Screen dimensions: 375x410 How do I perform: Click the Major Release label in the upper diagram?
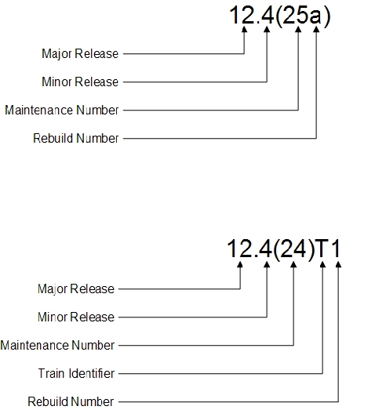click(x=80, y=54)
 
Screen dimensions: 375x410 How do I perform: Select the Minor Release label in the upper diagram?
click(x=80, y=82)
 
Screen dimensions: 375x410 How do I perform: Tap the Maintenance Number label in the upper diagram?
click(x=62, y=110)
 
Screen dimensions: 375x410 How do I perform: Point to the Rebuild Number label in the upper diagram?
click(x=75, y=138)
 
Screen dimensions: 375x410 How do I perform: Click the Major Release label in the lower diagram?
click(x=76, y=289)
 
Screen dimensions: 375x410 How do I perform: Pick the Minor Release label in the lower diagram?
click(x=76, y=317)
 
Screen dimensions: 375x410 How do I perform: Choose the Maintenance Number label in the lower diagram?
click(x=57, y=345)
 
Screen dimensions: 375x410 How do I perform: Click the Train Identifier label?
click(x=76, y=373)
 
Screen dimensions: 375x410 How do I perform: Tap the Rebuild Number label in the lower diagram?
click(x=71, y=401)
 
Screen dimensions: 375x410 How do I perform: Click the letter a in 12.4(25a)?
click(x=315, y=16)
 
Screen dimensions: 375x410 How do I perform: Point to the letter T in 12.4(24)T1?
click(x=322, y=249)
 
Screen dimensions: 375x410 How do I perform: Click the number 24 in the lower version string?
click(x=293, y=249)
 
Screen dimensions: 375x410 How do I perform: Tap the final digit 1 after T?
click(x=337, y=249)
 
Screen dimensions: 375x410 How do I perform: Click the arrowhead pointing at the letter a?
click(x=316, y=29)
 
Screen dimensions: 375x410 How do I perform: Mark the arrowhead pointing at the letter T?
click(x=322, y=264)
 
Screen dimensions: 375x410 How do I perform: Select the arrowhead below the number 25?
click(x=298, y=29)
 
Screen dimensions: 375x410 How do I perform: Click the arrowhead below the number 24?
click(x=293, y=264)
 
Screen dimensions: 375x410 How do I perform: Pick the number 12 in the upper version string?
click(x=242, y=15)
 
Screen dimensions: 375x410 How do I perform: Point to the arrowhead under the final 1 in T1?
click(x=338, y=264)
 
